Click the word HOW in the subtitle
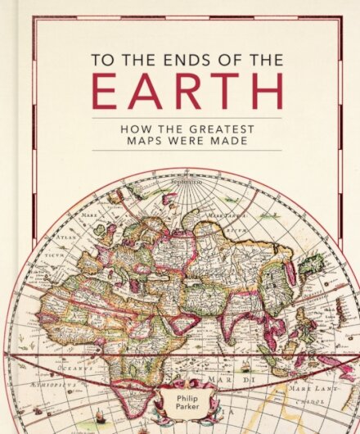point(133,128)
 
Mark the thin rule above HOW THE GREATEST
point(187,117)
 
